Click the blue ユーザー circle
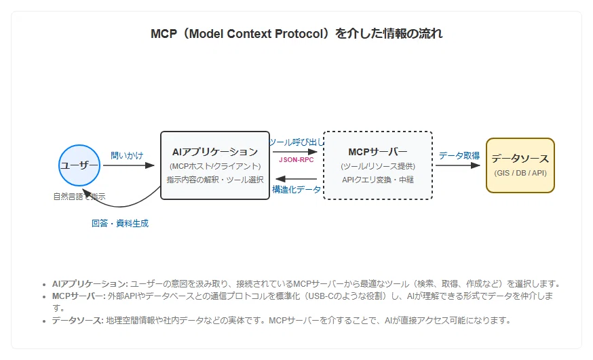(79, 165)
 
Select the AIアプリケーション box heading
(215, 152)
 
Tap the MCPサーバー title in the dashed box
(378, 152)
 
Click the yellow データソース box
(520, 165)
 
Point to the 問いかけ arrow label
(127, 155)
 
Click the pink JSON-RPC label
(296, 160)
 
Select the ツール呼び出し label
(296, 142)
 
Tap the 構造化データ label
(296, 189)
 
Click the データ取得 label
(459, 155)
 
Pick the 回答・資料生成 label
(120, 223)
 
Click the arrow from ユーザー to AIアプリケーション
(129, 165)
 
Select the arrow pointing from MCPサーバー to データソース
(457, 165)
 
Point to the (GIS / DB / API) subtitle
(520, 173)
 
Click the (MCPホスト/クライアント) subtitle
(215, 166)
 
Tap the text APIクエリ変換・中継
(378, 180)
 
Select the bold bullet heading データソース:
(77, 320)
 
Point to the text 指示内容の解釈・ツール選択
(215, 180)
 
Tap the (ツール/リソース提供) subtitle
(378, 166)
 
